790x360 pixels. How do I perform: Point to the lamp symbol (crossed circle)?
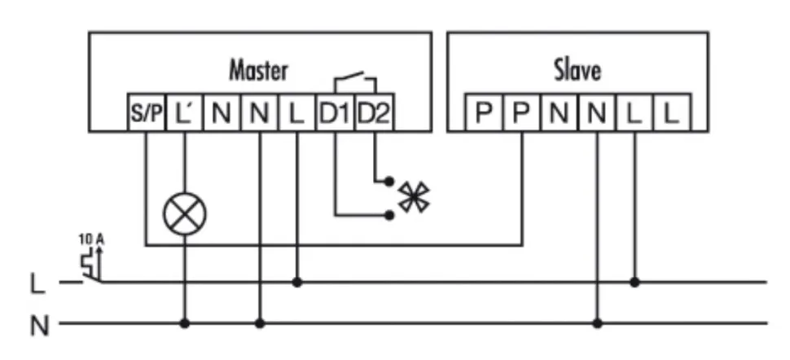[x=184, y=215]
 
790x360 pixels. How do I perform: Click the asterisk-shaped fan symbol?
[x=415, y=196]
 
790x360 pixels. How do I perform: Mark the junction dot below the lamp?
[x=185, y=323]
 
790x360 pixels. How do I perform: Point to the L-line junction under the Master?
[x=297, y=283]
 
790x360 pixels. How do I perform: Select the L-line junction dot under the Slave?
[x=634, y=283]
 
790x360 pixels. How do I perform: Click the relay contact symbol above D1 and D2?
[x=354, y=81]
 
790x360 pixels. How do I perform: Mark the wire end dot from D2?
[x=389, y=181]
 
